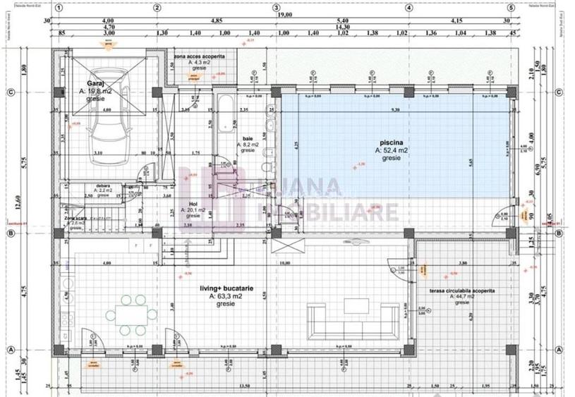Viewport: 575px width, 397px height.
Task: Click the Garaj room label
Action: coord(87,82)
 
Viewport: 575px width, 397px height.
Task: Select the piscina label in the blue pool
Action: coord(391,143)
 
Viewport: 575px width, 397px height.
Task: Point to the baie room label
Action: coord(248,139)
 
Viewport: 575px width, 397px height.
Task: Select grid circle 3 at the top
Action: coord(276,8)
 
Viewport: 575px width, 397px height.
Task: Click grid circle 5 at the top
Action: coord(510,8)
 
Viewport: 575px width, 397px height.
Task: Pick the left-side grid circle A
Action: coord(11,350)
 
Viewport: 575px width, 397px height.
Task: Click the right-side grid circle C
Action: coord(557,92)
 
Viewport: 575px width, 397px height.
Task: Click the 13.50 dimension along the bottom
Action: coord(245,386)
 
